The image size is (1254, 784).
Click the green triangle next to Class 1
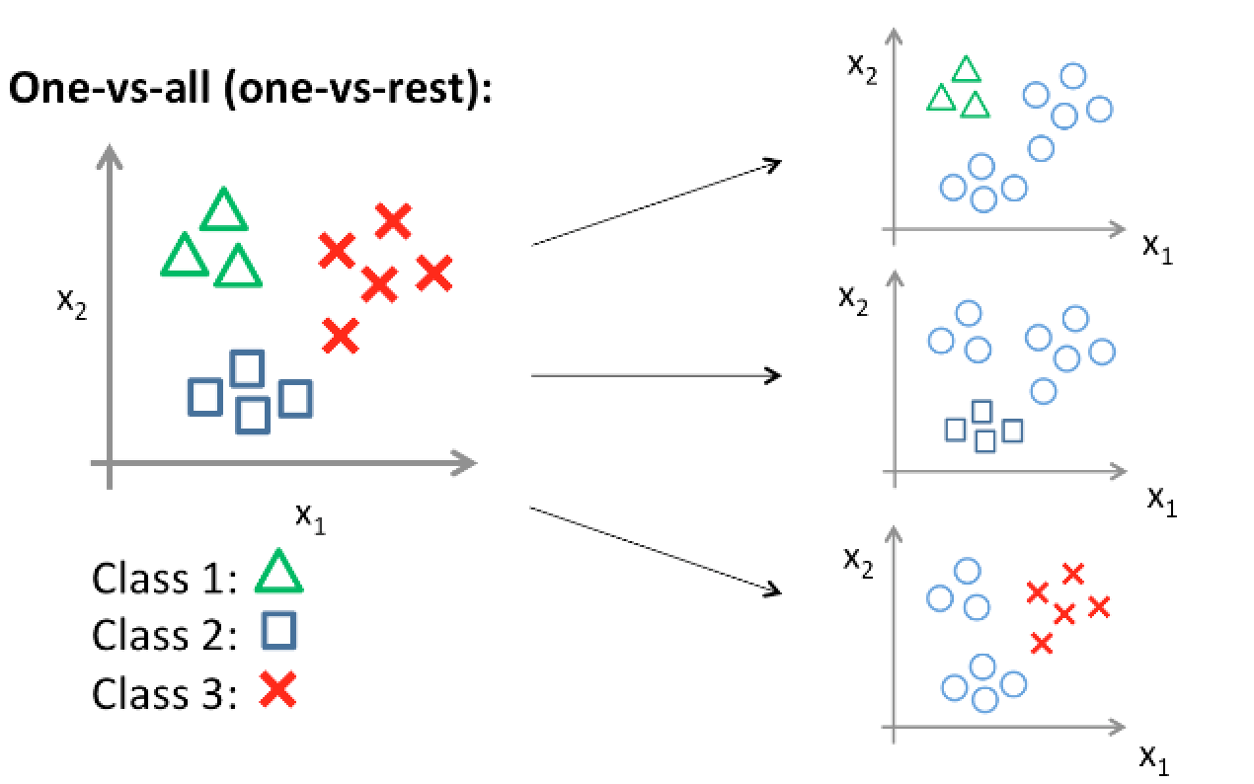pos(278,573)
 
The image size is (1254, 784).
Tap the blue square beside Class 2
pos(278,631)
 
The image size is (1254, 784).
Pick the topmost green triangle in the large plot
pos(224,210)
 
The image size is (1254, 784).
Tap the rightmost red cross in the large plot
pos(433,274)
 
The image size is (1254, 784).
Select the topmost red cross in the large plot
pos(393,221)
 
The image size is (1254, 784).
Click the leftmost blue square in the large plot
pos(204,397)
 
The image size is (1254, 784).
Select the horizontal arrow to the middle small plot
pos(657,375)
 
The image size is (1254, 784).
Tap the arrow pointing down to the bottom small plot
pos(657,550)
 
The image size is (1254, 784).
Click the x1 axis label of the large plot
pos(310,515)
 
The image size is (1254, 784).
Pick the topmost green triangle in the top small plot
pos(966,69)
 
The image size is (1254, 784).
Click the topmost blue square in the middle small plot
pos(981,411)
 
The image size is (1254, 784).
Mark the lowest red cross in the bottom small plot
pos(1042,644)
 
